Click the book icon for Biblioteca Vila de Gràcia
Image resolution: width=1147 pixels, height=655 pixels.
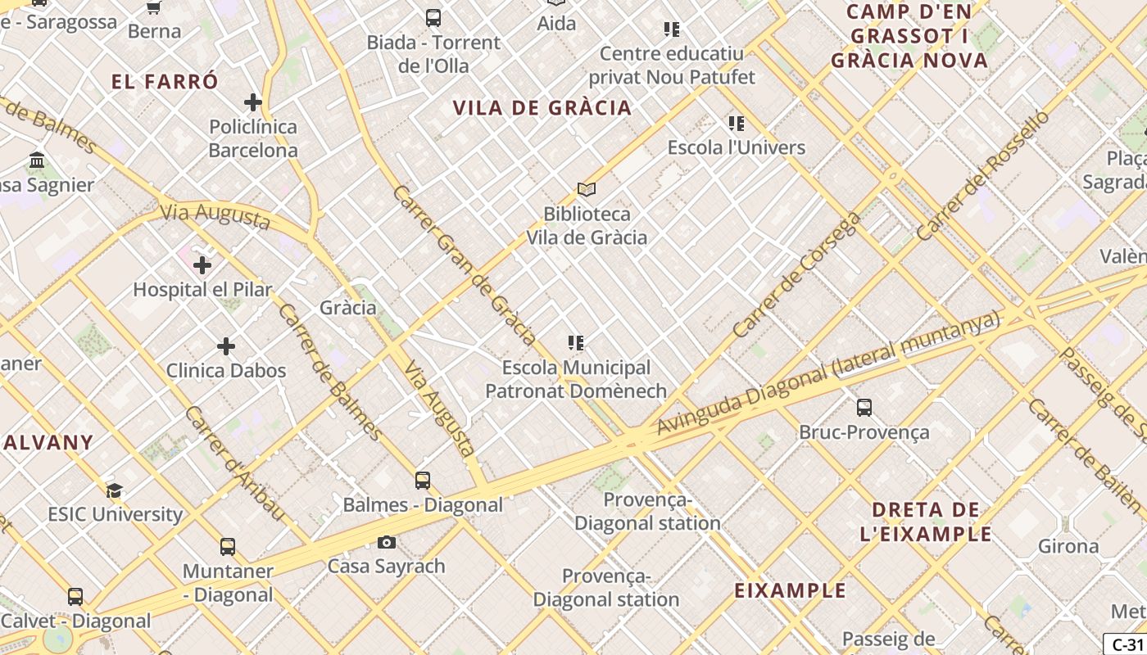586,189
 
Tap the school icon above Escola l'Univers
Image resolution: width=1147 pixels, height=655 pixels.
736,124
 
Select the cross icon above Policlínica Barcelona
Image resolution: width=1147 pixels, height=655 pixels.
252,102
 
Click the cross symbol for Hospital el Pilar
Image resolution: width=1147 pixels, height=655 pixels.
202,265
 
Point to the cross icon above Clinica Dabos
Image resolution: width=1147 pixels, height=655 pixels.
226,346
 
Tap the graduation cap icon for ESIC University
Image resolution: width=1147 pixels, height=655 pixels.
114,491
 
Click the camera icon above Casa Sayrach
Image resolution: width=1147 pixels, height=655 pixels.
386,542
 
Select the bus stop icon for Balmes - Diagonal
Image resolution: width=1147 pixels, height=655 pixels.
423,481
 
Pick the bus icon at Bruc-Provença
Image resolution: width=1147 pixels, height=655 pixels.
864,408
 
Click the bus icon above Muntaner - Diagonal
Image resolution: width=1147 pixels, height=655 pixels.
227,547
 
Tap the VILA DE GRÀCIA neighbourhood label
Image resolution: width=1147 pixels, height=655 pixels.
542,108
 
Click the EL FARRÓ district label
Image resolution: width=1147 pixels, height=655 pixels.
165,82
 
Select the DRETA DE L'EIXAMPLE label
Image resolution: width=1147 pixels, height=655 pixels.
926,522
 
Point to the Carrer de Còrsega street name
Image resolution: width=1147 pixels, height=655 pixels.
797,275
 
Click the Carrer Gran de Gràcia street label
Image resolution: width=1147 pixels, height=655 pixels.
465,264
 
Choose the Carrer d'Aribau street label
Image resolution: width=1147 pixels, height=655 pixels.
233,463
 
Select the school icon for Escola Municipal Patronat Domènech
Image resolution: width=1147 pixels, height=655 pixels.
576,343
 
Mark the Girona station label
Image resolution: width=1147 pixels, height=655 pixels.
1068,546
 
